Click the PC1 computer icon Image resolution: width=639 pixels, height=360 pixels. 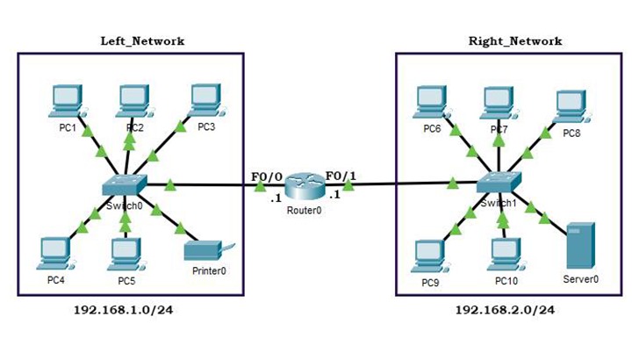66,101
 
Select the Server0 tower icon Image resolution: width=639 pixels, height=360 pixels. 580,246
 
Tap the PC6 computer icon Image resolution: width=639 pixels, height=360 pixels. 432,103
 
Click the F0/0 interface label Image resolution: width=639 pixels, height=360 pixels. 266,176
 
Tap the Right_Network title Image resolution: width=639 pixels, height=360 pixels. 515,40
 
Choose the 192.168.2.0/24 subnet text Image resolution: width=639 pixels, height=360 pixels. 505,309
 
